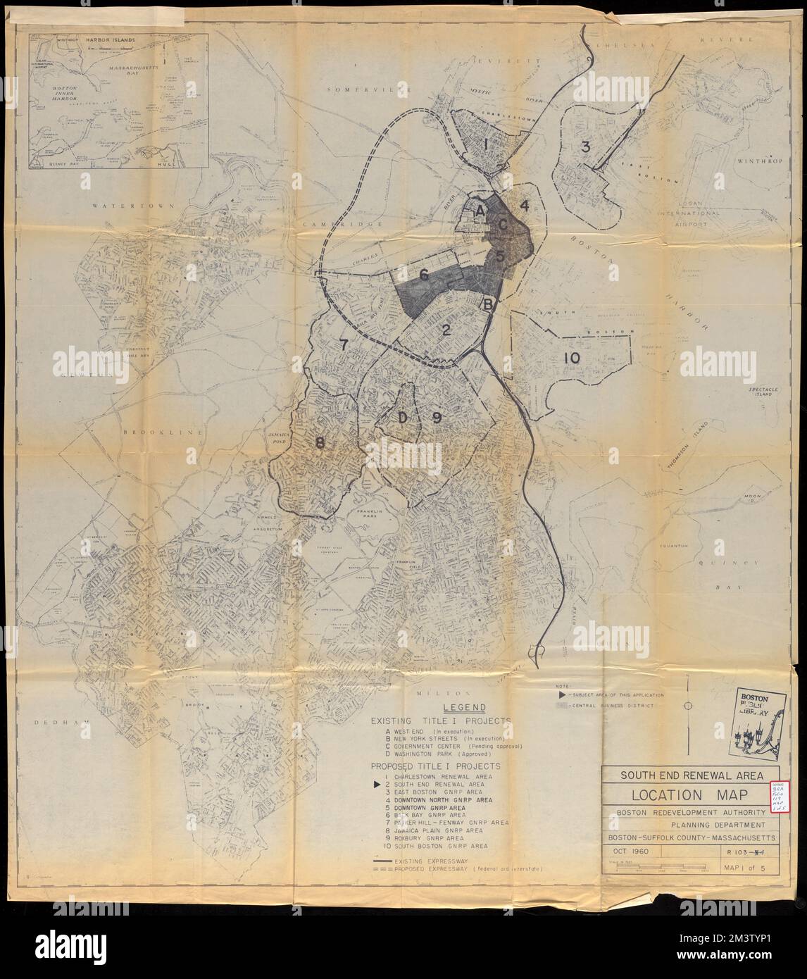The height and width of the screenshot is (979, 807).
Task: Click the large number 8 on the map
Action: tap(320, 443)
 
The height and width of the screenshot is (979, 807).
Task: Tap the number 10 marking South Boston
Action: tap(571, 358)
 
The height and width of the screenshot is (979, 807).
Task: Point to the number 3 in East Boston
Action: tap(584, 147)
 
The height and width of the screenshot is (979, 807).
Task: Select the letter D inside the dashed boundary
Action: tap(402, 418)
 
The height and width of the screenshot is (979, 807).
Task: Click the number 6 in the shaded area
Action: tap(424, 275)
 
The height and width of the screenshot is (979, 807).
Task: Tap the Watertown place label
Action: tap(126, 205)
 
